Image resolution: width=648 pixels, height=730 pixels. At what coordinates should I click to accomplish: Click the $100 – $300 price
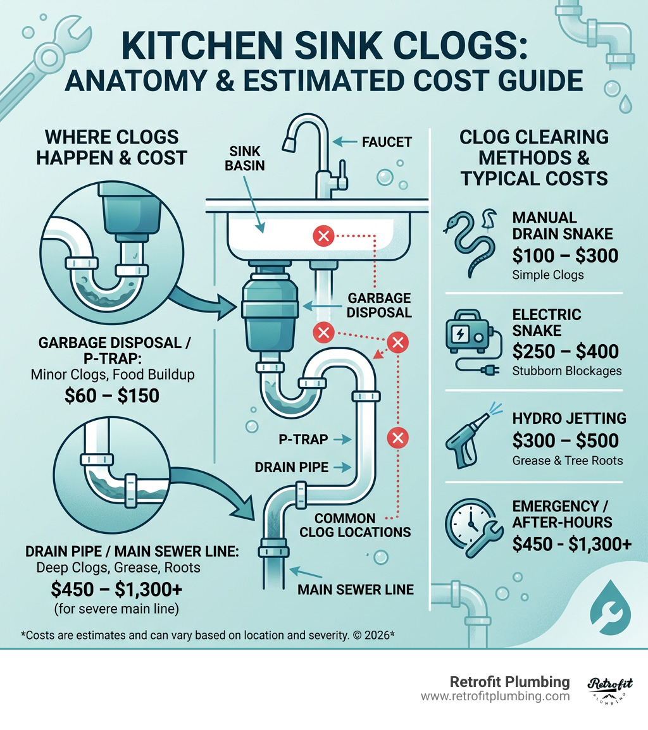565,255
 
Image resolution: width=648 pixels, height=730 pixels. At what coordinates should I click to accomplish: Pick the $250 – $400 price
565,351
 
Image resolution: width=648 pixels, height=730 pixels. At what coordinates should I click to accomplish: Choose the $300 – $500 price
565,440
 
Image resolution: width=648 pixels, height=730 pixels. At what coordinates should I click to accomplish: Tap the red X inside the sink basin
323,237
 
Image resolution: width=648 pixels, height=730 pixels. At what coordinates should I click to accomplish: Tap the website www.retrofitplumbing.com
495,696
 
